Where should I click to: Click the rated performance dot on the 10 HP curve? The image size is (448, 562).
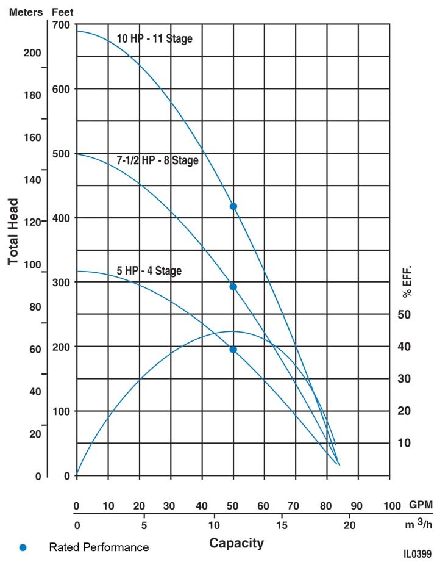233,206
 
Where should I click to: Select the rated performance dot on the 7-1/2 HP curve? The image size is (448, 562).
233,287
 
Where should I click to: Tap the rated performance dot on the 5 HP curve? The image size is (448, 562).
233,350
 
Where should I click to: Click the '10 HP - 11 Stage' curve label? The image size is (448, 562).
154,39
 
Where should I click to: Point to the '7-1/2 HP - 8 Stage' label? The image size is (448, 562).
157,161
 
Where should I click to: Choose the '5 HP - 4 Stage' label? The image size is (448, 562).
149,270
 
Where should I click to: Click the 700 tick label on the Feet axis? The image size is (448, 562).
62,25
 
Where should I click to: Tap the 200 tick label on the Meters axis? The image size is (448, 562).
32,53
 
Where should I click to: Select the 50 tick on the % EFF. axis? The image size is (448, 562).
404,314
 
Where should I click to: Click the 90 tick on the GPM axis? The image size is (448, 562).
357,506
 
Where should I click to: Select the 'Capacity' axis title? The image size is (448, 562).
236,542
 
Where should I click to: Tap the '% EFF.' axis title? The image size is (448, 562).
407,281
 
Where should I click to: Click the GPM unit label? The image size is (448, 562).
421,506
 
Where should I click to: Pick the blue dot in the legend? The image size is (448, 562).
23,547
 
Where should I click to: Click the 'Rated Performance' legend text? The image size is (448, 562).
99,547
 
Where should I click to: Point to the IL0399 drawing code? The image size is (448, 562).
418,554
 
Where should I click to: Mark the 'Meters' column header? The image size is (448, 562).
24,12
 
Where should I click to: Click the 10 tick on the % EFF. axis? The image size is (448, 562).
404,443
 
